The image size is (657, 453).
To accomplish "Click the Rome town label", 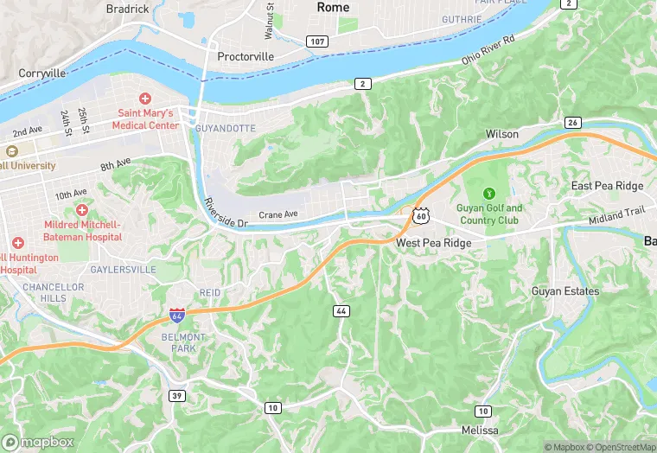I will [x=333, y=7].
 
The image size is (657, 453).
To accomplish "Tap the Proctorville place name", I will [x=246, y=56].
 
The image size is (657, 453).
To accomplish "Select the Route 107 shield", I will [x=317, y=41].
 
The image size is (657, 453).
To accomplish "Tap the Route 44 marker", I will [x=341, y=310].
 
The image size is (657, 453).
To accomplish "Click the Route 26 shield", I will [x=572, y=123].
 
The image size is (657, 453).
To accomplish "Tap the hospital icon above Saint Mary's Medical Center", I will [x=145, y=99].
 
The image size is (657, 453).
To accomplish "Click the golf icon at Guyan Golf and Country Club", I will [x=490, y=193].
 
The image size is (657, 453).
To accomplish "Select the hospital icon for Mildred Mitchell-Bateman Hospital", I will [x=82, y=210].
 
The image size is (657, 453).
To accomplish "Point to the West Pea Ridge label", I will [x=434, y=244].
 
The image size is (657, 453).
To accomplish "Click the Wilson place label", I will [x=502, y=134].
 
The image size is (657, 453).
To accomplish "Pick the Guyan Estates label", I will [x=565, y=291].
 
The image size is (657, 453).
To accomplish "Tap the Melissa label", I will [x=479, y=431].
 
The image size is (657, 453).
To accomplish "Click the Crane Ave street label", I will [x=278, y=214].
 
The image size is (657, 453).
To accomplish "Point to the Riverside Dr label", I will [x=226, y=213].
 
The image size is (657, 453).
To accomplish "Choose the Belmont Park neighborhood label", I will [x=183, y=342].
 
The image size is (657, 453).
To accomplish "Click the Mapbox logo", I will [x=39, y=442].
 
